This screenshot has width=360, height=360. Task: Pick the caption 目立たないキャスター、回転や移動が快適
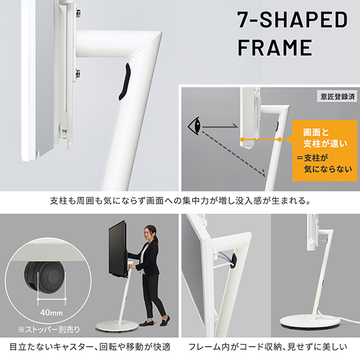(x=90, y=347)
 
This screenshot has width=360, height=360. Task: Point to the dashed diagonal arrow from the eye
(x=234, y=152)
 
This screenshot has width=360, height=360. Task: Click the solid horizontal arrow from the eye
(x=219, y=127)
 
